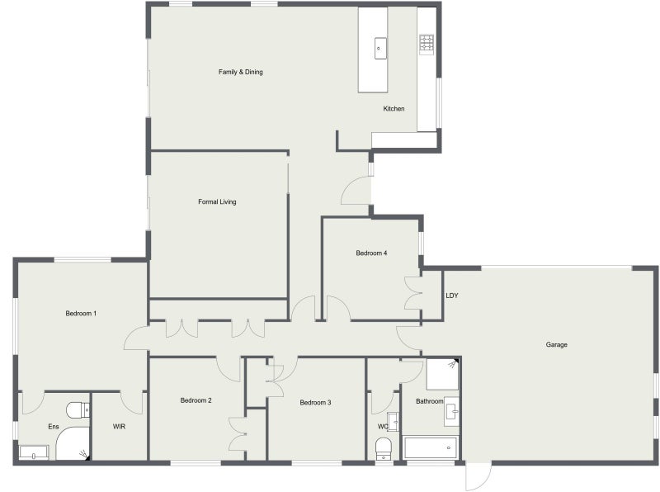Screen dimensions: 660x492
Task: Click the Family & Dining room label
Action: (x=240, y=72)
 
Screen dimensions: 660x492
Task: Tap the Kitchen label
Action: (x=394, y=109)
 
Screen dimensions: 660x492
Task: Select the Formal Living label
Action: (x=217, y=201)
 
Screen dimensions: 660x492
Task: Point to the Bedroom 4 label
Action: (x=371, y=253)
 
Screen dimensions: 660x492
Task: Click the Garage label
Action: (x=556, y=344)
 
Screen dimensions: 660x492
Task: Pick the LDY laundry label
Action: (x=451, y=296)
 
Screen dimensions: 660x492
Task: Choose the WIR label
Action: (x=119, y=427)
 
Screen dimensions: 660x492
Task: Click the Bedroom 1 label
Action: (x=81, y=314)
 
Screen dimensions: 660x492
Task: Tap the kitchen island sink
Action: (x=380, y=48)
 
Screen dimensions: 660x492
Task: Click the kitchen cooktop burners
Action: (x=427, y=45)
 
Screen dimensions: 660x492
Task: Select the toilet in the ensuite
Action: (x=78, y=409)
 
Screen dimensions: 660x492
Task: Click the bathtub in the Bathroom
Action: (x=430, y=447)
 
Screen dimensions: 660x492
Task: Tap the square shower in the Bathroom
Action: (x=442, y=374)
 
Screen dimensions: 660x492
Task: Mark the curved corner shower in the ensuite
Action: (x=73, y=443)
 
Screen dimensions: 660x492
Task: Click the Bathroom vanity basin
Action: (x=452, y=412)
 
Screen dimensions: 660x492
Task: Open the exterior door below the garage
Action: (x=478, y=476)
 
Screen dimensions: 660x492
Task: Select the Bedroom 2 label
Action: (x=196, y=400)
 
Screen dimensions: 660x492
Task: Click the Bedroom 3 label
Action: (x=315, y=403)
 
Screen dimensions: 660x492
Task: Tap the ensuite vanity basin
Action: (x=34, y=453)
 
